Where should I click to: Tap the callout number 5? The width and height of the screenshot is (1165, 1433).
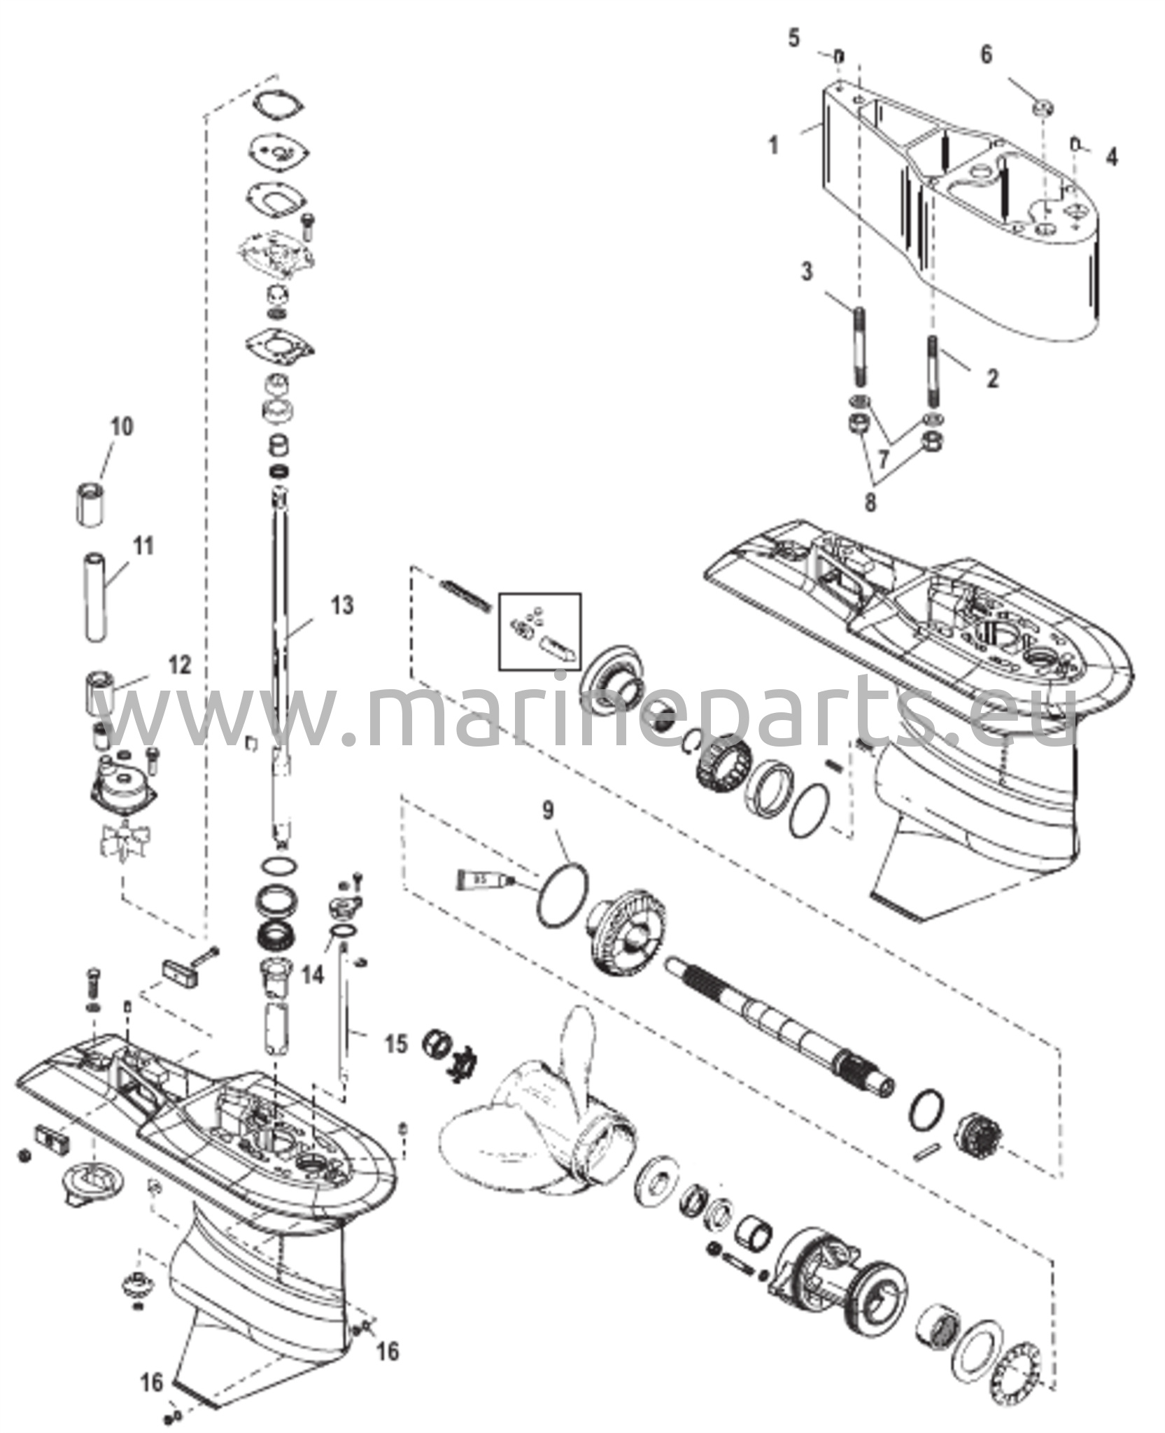pyautogui.click(x=793, y=38)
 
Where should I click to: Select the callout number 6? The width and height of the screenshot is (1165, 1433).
pyautogui.click(x=986, y=55)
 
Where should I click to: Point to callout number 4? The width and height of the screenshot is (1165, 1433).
pyautogui.click(x=1112, y=157)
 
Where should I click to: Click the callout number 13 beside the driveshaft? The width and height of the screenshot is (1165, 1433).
pyautogui.click(x=342, y=605)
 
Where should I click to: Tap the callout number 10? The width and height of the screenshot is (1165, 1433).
pyautogui.click(x=122, y=427)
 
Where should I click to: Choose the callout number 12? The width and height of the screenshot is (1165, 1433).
pyautogui.click(x=180, y=665)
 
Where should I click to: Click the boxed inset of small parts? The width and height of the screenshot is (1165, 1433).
pyautogui.click(x=539, y=632)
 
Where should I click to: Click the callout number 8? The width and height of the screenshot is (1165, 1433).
pyautogui.click(x=870, y=502)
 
